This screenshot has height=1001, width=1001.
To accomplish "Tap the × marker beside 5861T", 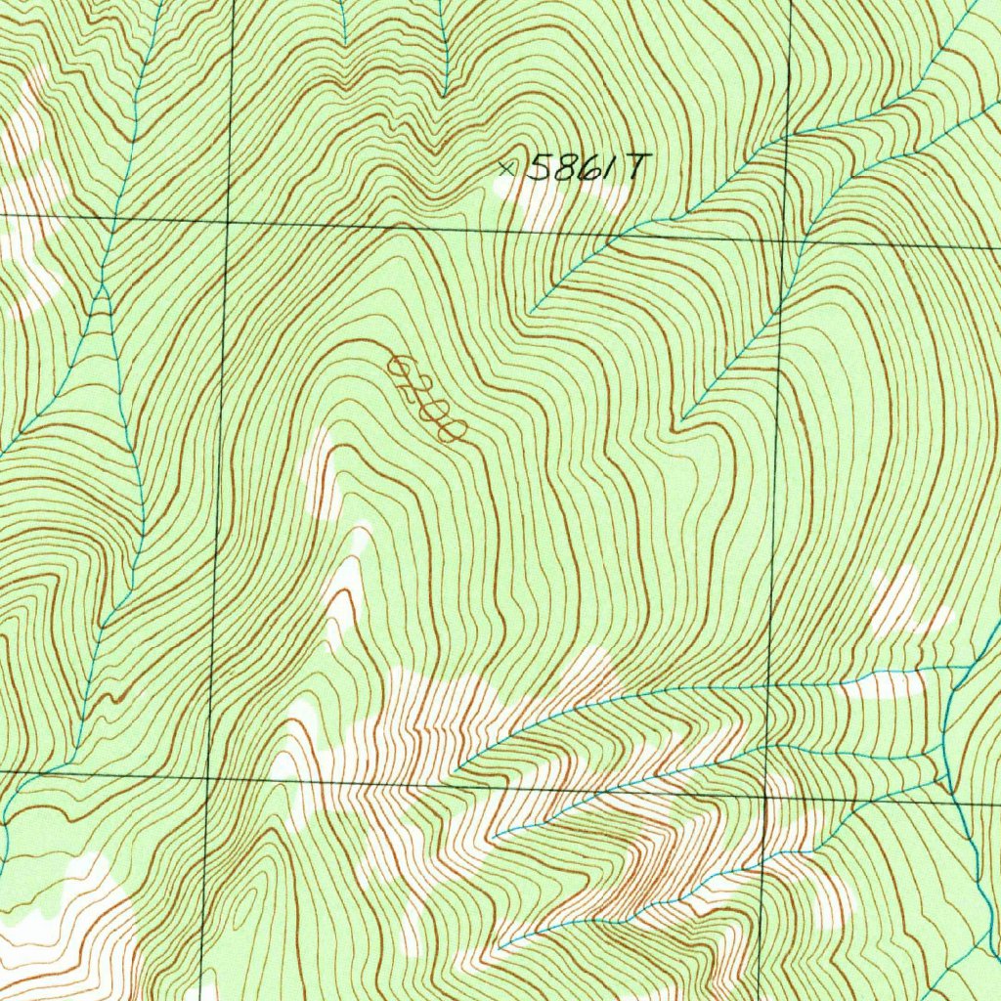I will coord(504,168).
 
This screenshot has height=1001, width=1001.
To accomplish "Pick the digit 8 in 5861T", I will coord(561,168).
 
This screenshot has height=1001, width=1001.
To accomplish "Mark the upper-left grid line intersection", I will coord(228,222).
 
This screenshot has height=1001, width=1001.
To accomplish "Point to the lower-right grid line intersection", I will coord(765,795).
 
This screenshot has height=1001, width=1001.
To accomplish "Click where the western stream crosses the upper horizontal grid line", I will coord(115,218).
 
